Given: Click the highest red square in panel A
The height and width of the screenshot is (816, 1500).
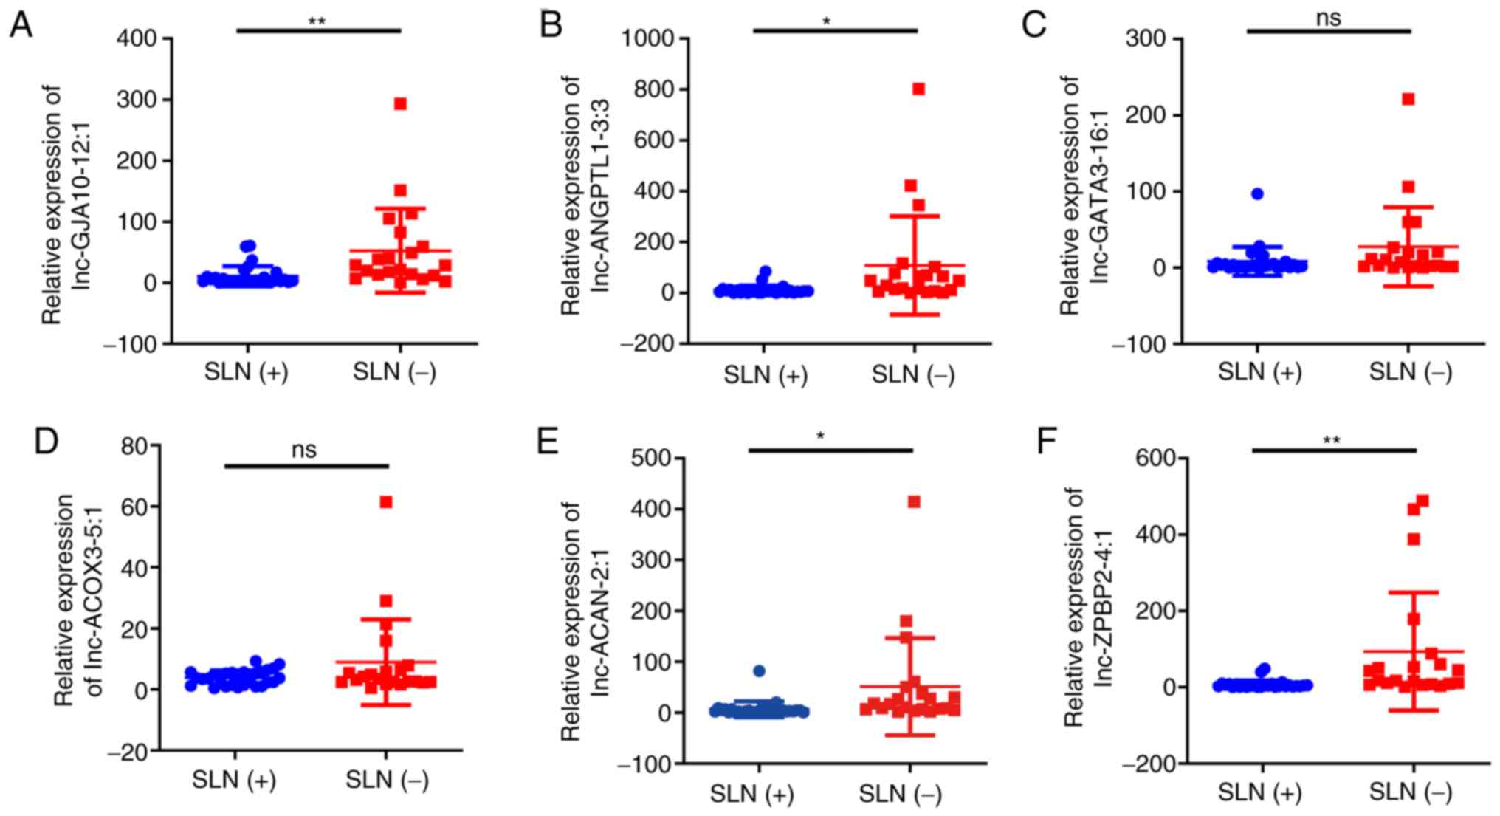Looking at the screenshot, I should tap(400, 104).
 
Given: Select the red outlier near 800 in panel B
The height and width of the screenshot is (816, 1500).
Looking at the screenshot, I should tap(918, 89).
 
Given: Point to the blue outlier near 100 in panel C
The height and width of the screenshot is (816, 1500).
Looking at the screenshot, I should tap(1258, 193).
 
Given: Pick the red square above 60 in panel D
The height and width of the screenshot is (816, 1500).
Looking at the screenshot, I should tap(385, 502).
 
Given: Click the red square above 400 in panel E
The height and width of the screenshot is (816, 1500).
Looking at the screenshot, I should tap(914, 502).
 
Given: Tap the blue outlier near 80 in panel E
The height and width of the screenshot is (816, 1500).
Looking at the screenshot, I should tap(759, 671).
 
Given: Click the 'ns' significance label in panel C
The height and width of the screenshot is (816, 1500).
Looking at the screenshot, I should tap(1328, 18).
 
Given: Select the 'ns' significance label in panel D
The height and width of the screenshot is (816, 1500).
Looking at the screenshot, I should tap(304, 450).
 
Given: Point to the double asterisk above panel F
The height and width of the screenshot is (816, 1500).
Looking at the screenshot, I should tap(1331, 441).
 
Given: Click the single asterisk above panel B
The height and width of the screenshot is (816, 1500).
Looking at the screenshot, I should tap(826, 21).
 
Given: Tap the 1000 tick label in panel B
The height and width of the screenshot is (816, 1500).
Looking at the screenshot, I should tap(649, 38).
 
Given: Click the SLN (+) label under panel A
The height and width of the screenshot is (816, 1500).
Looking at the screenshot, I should tap(247, 372).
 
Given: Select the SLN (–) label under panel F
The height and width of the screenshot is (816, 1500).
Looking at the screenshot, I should tap(1410, 792).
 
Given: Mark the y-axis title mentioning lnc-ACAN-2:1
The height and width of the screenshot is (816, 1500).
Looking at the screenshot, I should tap(582, 620).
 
